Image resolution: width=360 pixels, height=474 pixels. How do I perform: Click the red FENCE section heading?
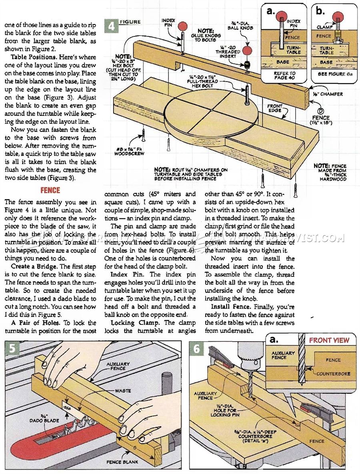(50, 190)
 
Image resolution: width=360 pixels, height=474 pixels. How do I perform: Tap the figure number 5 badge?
(12, 348)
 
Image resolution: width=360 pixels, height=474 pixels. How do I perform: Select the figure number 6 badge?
(196, 348)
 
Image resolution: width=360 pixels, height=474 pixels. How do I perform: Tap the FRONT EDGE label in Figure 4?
(275, 108)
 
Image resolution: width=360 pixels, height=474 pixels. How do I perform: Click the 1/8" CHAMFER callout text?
(328, 94)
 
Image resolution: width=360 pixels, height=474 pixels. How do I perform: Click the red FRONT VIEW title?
(329, 340)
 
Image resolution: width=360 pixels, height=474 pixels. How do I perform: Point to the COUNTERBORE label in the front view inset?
(333, 374)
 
